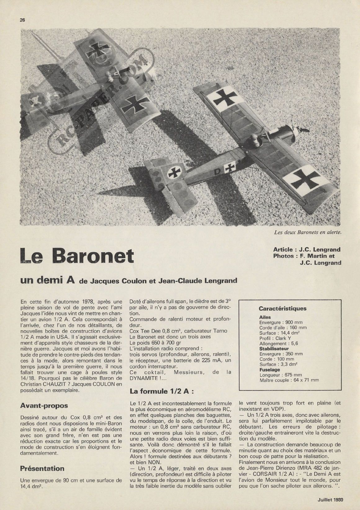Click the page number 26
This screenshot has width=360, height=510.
point(22,20)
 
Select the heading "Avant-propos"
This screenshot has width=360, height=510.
point(44,405)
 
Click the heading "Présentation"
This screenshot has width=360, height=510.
point(42,468)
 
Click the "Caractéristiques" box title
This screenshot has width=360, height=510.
point(282,309)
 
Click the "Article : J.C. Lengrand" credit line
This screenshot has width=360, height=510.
point(307,249)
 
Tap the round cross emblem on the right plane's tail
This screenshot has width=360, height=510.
point(175,173)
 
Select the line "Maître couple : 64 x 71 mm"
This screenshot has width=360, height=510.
point(289,380)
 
